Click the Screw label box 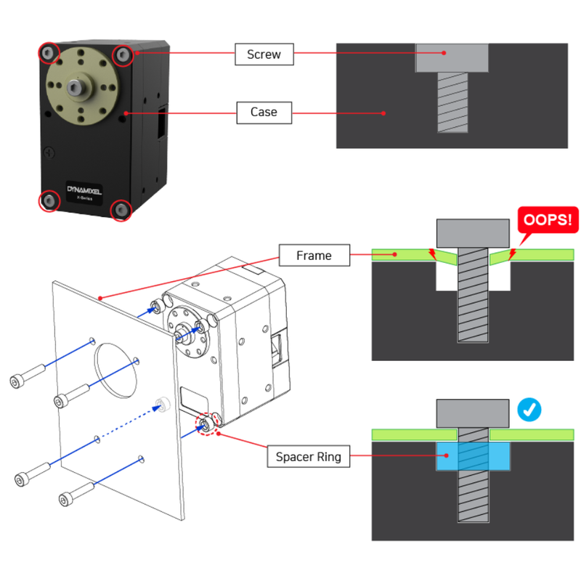click(x=264, y=54)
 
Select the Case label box click(x=264, y=112)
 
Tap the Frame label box click(x=314, y=256)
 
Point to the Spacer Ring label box click(x=308, y=458)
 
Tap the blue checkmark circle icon click(x=529, y=410)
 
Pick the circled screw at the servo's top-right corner click(x=124, y=54)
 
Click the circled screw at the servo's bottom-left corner click(x=49, y=200)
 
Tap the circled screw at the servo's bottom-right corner click(x=120, y=210)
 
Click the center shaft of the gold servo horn click(x=76, y=87)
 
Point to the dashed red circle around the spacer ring click(x=207, y=425)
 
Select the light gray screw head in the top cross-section click(x=451, y=57)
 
